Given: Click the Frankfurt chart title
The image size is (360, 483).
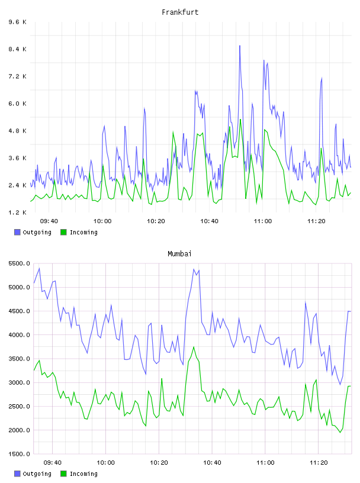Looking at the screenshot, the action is point(180,12).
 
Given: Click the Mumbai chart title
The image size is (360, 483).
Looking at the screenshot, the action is point(179,254).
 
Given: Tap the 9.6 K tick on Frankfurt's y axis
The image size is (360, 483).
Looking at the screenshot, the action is point(17,22).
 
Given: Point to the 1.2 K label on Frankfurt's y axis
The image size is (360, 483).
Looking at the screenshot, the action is point(17,212).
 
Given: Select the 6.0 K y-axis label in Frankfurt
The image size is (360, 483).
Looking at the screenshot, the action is point(17,104).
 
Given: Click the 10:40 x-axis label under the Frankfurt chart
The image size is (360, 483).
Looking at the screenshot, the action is point(209,221).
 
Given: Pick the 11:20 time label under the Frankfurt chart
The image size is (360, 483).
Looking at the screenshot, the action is point(316,221).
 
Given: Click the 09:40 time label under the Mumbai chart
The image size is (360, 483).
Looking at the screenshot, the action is point(52,463).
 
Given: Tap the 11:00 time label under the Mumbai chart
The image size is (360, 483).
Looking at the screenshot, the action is point(265,463).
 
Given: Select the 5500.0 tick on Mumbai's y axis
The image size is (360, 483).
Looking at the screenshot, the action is point(19,263).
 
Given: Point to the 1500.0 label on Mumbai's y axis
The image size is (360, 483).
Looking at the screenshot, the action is point(19,454).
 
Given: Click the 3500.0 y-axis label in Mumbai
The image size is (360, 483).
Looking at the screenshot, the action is point(19,359).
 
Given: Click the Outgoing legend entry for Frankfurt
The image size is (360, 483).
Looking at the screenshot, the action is point(33,232).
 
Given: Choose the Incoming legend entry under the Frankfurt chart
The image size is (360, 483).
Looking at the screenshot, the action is point(79,232).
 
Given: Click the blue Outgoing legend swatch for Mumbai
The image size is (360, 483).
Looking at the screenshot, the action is point(17,474).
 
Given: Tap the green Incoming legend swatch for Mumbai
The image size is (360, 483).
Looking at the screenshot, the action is point(63,474).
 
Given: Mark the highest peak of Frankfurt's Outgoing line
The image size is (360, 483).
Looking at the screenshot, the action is point(240,46).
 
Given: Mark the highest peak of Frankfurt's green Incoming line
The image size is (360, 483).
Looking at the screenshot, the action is point(240,119).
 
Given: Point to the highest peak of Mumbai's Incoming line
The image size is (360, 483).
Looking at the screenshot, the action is point(194,347).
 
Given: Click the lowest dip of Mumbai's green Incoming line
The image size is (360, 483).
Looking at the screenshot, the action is point(340,433).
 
